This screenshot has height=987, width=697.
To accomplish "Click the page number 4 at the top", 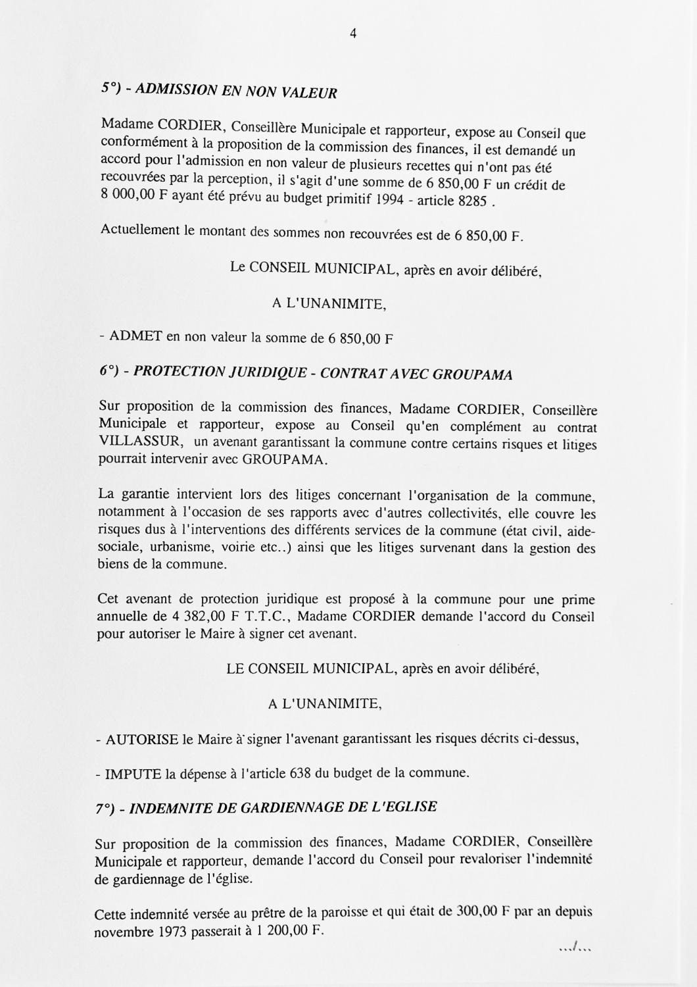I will tap(353, 35).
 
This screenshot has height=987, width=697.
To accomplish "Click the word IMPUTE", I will tap(133, 773).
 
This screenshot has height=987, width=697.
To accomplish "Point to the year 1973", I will tap(173, 932).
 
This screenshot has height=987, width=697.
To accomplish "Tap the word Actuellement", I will tap(139, 230).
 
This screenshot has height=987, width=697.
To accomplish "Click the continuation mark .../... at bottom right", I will tap(575, 948).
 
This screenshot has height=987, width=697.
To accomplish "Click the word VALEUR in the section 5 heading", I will tap(309, 93).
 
